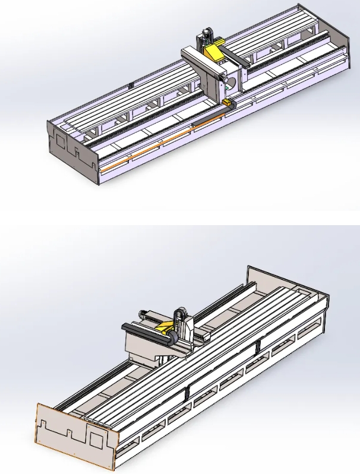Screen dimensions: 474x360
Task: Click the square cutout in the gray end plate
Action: pos(59,138)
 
